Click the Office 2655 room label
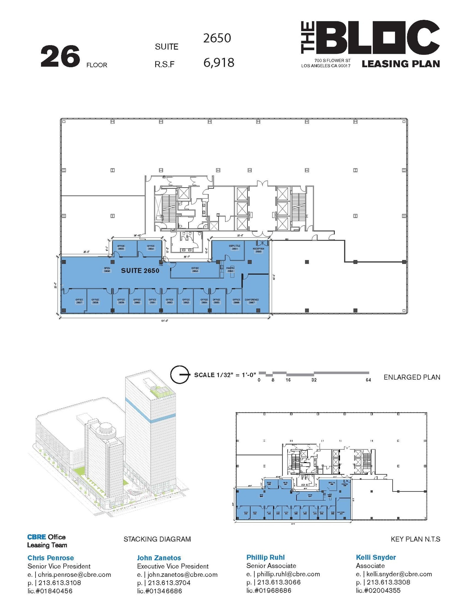tap(121, 247)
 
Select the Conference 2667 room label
tap(252, 301)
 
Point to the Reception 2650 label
tap(258, 250)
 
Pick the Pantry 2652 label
tap(230, 270)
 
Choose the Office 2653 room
tap(195, 270)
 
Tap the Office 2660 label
tap(137, 301)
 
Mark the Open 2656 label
tap(107, 270)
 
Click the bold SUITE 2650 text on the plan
tap(140, 270)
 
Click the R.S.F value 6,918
tap(219, 63)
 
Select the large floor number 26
tap(60, 56)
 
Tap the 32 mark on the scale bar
tap(314, 380)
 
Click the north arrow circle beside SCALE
tap(179, 374)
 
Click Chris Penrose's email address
tap(74, 575)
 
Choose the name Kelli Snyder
tap(376, 557)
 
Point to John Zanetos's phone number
tap(169, 583)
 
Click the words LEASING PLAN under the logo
tap(401, 64)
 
